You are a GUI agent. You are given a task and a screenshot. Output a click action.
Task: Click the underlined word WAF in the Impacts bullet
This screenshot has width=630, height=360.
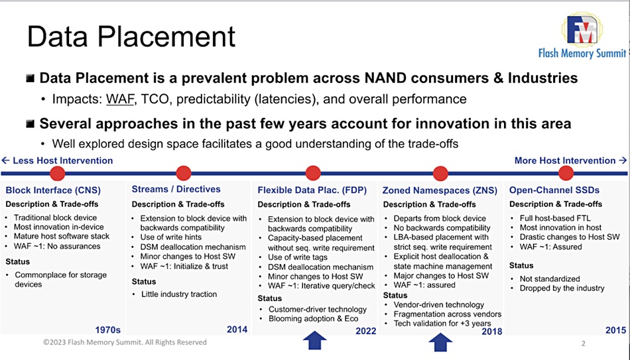tap(120, 99)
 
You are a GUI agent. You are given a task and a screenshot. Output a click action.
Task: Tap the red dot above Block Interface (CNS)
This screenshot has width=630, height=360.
tap(58, 174)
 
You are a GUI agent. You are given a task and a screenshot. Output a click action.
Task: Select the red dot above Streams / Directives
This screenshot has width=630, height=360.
tap(184, 173)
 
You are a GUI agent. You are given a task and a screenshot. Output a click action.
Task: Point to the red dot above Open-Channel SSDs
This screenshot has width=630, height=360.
tap(566, 173)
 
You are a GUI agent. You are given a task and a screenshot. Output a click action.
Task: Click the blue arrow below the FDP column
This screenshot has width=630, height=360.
tap(314, 340)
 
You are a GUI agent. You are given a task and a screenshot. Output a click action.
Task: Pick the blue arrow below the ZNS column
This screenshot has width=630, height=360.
tap(440, 342)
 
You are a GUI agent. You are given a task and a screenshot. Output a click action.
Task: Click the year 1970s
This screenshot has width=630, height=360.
tap(107, 330)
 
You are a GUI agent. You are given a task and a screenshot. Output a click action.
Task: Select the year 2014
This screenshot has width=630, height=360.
tap(237, 330)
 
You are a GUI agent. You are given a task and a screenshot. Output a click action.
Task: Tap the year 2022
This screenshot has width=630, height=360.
tap(365, 331)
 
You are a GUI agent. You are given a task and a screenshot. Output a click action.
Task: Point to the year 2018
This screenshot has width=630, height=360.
tap(492, 331)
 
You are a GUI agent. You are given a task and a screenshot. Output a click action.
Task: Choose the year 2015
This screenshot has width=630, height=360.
tap(615, 330)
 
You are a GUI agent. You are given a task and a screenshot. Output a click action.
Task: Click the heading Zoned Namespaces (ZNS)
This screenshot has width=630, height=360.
tap(440, 190)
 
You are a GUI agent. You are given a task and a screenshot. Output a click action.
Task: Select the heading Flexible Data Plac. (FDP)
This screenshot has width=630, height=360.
tap(312, 190)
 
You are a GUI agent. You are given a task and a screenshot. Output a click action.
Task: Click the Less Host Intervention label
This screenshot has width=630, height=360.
tap(57, 160)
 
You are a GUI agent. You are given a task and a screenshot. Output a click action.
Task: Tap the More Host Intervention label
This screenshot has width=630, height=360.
tap(570, 160)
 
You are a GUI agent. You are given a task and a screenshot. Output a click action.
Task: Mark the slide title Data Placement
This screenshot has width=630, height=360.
tap(131, 37)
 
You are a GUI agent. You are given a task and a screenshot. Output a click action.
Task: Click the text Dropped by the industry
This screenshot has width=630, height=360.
tap(562, 288)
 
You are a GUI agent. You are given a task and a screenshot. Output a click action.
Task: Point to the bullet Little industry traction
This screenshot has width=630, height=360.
tap(179, 294)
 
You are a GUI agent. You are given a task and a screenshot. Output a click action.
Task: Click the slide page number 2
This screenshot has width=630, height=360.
tap(584, 343)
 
